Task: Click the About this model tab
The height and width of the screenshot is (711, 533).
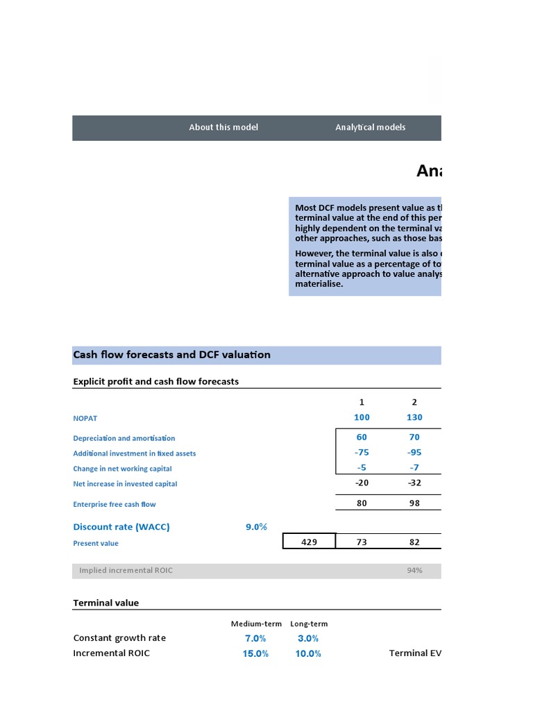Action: [223, 127]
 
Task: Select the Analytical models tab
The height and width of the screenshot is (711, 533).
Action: [370, 127]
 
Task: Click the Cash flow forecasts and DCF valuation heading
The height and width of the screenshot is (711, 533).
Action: [171, 355]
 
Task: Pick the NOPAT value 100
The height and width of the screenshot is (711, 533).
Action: [362, 417]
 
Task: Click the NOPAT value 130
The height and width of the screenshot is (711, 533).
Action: [414, 417]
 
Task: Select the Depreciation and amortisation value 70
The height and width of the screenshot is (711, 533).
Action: [414, 437]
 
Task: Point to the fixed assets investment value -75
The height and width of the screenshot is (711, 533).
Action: [362, 453]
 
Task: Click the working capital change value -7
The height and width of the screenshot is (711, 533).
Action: [414, 468]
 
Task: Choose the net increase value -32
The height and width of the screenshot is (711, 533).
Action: [414, 483]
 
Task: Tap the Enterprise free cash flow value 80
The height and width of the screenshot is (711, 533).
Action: [362, 503]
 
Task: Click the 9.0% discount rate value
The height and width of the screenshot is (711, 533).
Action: [256, 527]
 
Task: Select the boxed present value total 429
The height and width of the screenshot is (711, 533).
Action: [310, 542]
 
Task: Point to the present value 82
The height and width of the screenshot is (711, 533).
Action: [414, 542]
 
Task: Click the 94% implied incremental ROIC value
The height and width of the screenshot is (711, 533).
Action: [414, 571]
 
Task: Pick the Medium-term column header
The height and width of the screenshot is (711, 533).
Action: [256, 624]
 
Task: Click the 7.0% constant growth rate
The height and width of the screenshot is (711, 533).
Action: [255, 638]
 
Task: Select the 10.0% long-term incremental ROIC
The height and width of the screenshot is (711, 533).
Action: [308, 653]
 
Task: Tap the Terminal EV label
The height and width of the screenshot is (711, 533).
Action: [414, 653]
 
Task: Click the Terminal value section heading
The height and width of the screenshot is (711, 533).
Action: [105, 603]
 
